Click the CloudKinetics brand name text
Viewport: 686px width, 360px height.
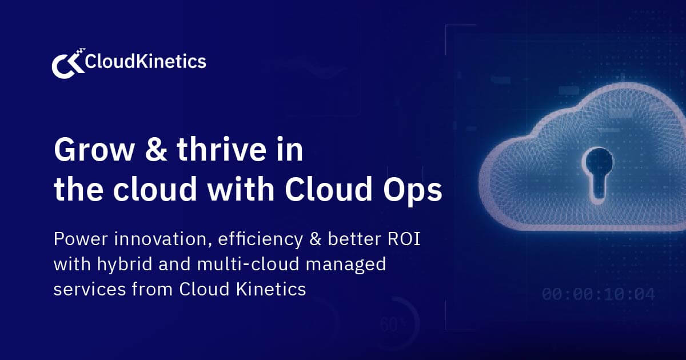tap(145, 61)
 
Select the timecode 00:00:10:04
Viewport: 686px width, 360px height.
tap(598, 295)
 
